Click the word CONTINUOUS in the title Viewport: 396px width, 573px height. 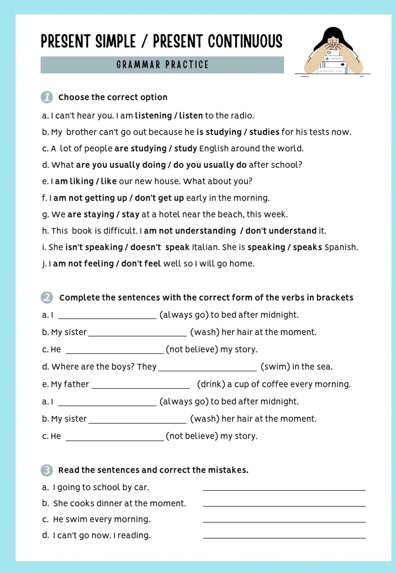click(x=245, y=42)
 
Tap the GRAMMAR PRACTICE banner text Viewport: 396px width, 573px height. click(x=163, y=65)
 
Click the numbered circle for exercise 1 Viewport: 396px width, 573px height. click(x=47, y=97)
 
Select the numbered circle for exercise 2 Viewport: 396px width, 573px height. click(x=47, y=297)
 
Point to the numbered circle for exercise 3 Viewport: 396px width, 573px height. click(x=47, y=470)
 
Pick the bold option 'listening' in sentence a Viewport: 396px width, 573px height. click(x=153, y=116)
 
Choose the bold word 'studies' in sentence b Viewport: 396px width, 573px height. click(x=264, y=132)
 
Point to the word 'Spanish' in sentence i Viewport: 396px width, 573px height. click(x=341, y=247)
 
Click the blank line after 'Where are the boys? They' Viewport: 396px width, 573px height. click(x=208, y=370)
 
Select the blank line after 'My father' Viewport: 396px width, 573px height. click(x=141, y=387)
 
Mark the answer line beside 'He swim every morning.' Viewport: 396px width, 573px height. click(x=284, y=522)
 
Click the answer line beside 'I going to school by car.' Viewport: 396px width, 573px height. click(x=284, y=490)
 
